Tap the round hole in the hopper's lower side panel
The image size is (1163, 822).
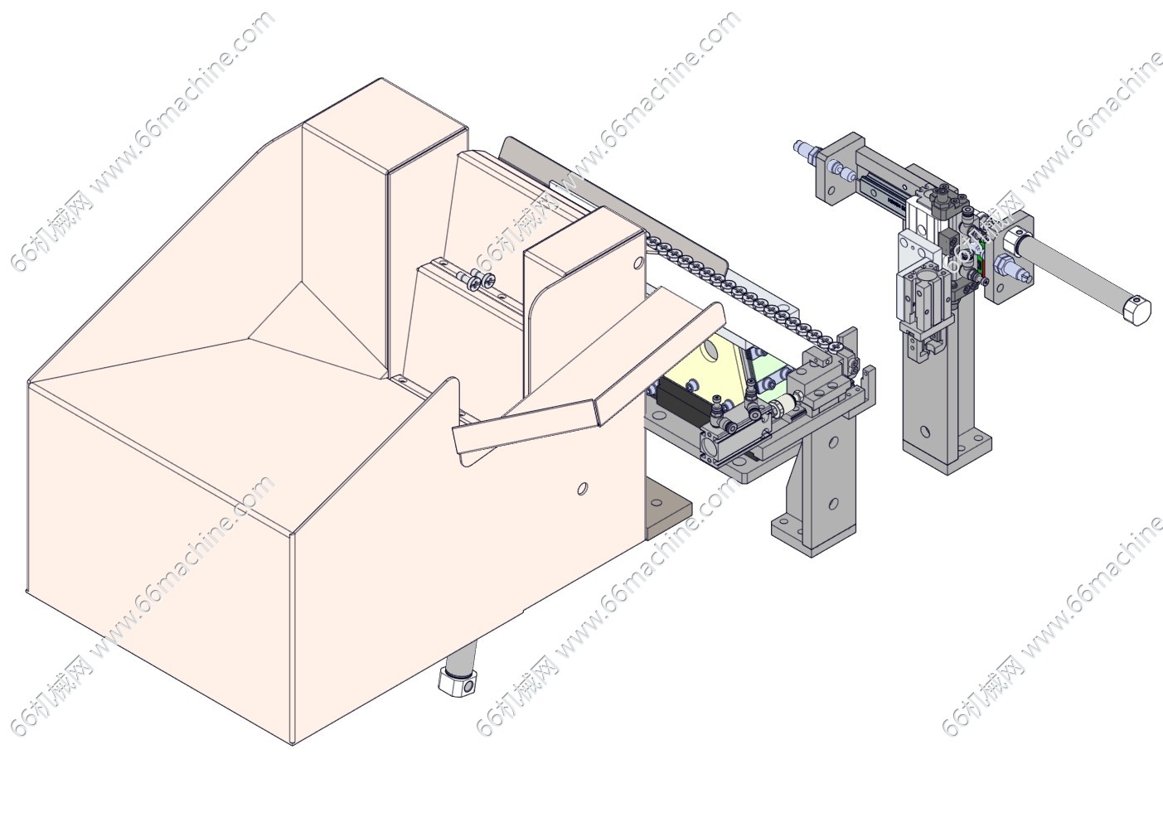click(x=583, y=489)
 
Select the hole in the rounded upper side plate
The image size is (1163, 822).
click(x=637, y=264)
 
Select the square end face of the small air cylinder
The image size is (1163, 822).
click(x=710, y=448)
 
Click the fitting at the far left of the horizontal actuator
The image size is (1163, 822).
click(x=803, y=149)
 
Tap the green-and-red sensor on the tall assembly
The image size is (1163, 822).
click(x=981, y=264)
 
